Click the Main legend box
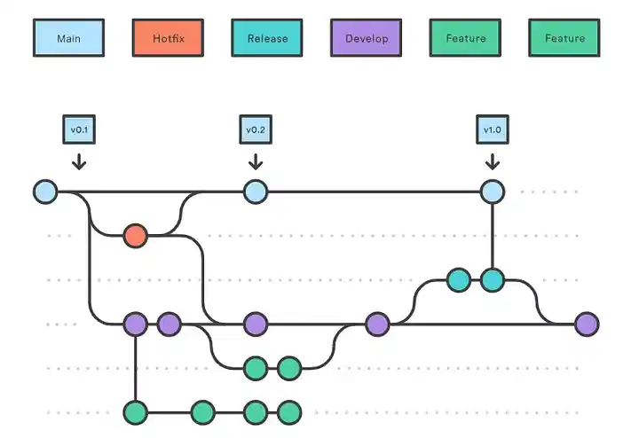coord(68,39)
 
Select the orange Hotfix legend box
coord(168,39)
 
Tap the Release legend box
coord(267,39)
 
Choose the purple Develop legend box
coord(367,39)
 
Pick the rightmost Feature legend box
coord(564,39)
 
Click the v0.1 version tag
coord(79,129)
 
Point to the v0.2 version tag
coord(256,129)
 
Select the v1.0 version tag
coord(492,129)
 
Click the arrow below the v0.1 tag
coord(79,161)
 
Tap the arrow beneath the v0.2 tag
coord(256,161)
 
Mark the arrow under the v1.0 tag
coord(492,161)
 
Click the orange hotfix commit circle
coord(135,236)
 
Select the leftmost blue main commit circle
coord(45,192)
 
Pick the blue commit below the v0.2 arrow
coord(256,192)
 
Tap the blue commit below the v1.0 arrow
coord(492,192)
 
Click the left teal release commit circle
coord(458,280)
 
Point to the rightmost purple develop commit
coord(586,325)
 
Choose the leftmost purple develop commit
coord(135,325)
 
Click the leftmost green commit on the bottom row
coord(135,412)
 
